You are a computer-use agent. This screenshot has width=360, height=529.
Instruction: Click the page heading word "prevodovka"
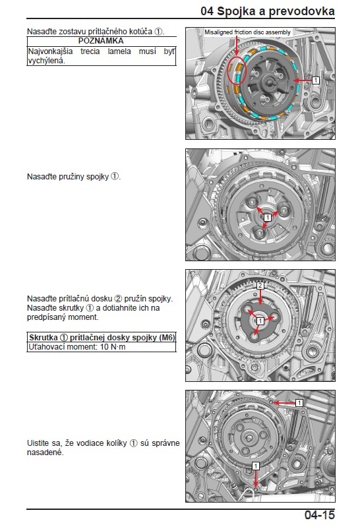click(x=302, y=11)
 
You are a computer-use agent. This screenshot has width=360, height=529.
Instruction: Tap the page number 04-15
click(x=320, y=515)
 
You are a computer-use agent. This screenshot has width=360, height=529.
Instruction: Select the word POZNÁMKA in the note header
click(x=101, y=41)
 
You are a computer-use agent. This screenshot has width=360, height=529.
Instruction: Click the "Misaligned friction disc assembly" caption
click(x=247, y=32)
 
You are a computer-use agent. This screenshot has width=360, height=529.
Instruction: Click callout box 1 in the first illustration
click(x=315, y=80)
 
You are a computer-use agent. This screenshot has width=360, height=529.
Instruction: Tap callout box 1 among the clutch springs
click(x=267, y=217)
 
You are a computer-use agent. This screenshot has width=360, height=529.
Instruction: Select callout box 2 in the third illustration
click(x=260, y=286)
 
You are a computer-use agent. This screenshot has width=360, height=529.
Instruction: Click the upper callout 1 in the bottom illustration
click(x=299, y=403)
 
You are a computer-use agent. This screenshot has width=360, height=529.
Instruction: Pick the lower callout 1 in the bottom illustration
click(x=256, y=466)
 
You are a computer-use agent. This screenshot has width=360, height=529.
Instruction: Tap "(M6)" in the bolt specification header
click(x=167, y=337)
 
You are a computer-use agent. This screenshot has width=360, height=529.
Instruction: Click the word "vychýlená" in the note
click(x=46, y=61)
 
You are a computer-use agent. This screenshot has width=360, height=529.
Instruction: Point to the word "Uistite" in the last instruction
click(x=38, y=443)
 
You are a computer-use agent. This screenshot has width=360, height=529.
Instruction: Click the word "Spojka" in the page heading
click(x=236, y=11)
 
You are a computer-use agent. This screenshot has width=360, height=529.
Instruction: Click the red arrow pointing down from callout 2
click(x=260, y=297)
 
